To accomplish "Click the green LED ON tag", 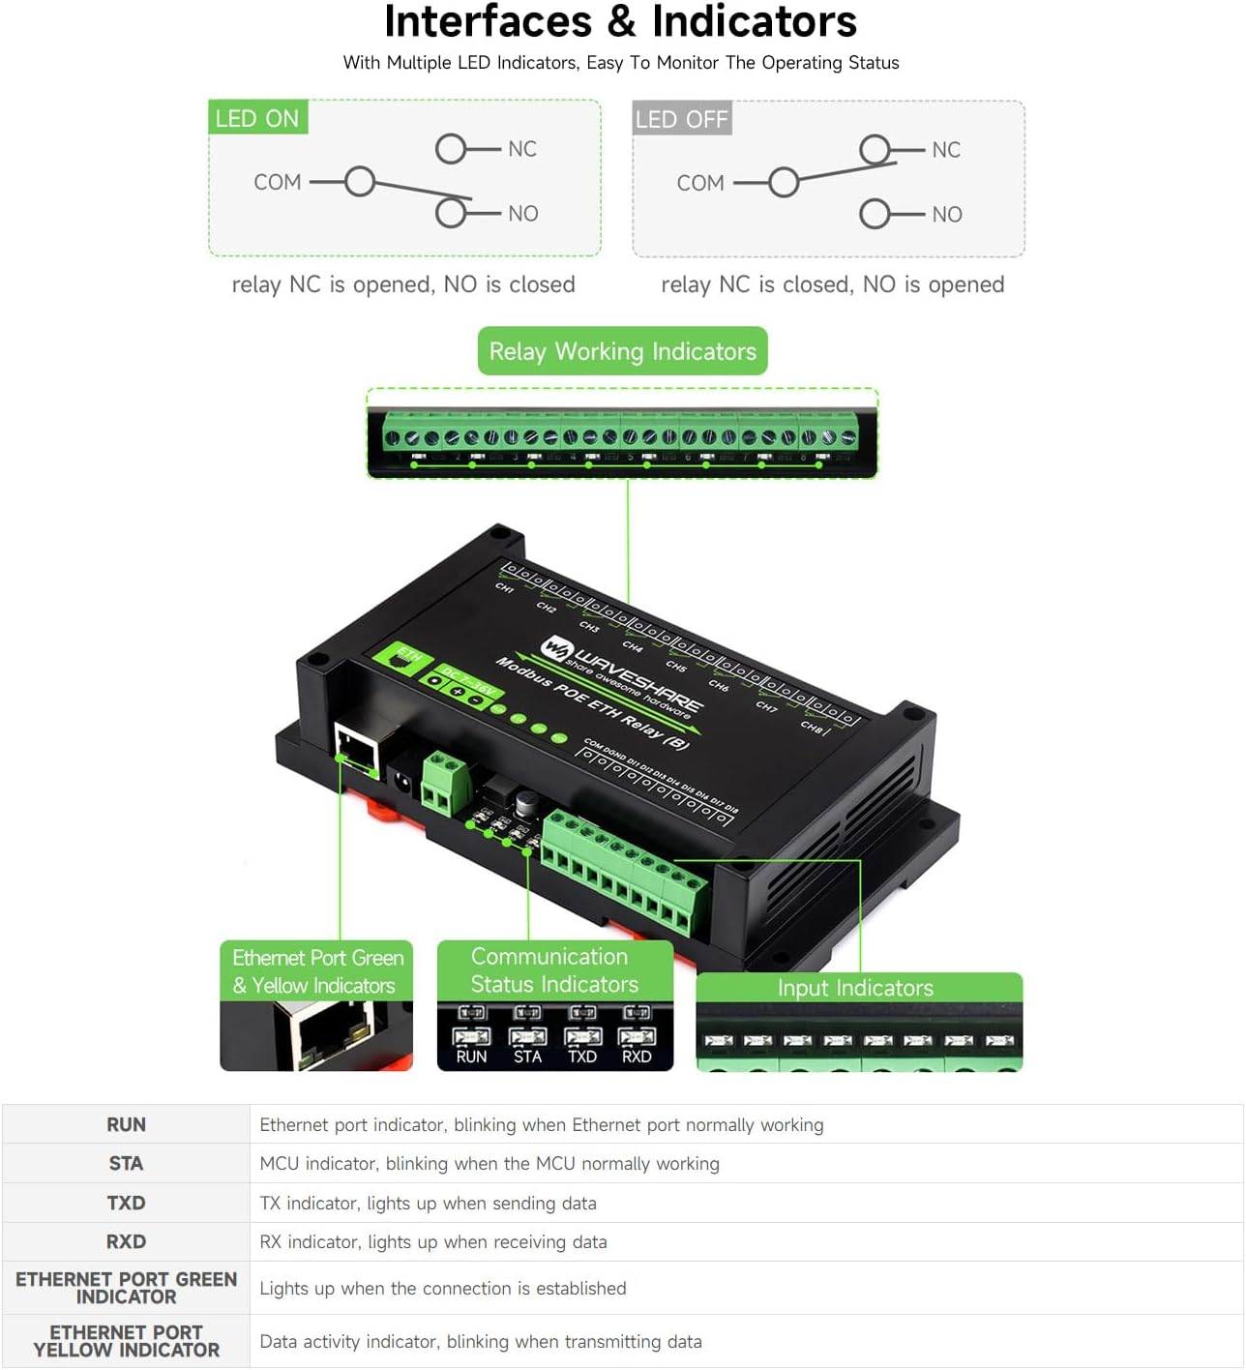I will pyautogui.click(x=257, y=118).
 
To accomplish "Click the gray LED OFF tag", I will pyautogui.click(x=681, y=119).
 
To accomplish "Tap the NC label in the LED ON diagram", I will pyautogui.click(x=522, y=149).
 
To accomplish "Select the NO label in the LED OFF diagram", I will pyautogui.click(x=947, y=215).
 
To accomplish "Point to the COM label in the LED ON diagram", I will pyautogui.click(x=278, y=183).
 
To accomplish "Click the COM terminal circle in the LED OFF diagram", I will pyautogui.click(x=784, y=182).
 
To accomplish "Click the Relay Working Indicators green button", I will pyautogui.click(x=622, y=351).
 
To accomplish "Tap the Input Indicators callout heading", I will pyautogui.click(x=856, y=988).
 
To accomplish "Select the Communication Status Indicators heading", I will pyautogui.click(x=554, y=970).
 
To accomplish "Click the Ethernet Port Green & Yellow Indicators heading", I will pyautogui.click(x=317, y=971).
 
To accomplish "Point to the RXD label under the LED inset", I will pyautogui.click(x=637, y=1057).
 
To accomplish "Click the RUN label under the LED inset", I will pyautogui.click(x=471, y=1057).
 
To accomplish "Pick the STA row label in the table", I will pyautogui.click(x=126, y=1164).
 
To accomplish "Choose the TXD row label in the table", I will pyautogui.click(x=126, y=1203).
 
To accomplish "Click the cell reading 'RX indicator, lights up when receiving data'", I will pyautogui.click(x=433, y=1242).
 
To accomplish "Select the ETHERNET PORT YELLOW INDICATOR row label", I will pyautogui.click(x=126, y=1341).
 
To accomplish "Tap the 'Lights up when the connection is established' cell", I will pyautogui.click(x=443, y=1289).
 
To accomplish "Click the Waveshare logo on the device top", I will pyautogui.click(x=557, y=649).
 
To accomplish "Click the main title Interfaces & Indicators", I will pyautogui.click(x=621, y=22).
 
